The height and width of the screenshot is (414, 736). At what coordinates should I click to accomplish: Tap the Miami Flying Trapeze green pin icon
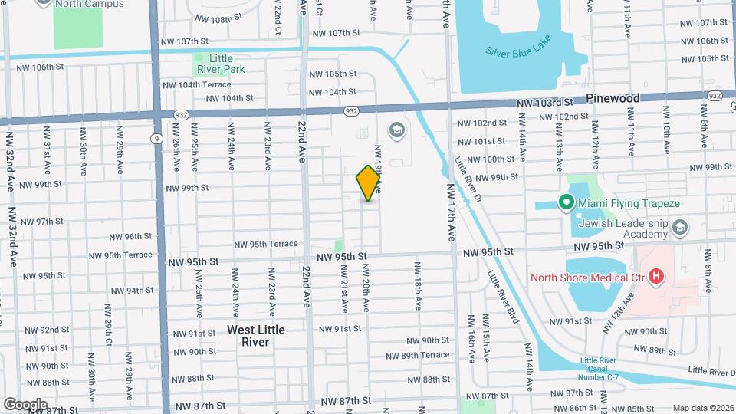(x=567, y=202)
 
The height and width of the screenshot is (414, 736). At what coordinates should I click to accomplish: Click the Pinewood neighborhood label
(x=613, y=99)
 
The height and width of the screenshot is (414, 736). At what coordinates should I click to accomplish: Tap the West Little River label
(x=256, y=336)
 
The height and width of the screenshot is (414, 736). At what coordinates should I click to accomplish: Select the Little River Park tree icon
(x=199, y=58)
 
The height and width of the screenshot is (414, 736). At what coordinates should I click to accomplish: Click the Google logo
(x=25, y=404)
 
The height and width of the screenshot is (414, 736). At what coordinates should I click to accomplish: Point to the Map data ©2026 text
(x=702, y=408)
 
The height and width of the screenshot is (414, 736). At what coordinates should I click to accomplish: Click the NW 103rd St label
(x=545, y=103)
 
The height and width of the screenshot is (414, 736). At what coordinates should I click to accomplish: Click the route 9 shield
(x=156, y=139)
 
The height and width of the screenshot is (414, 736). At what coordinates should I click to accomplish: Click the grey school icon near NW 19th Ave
(x=396, y=130)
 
